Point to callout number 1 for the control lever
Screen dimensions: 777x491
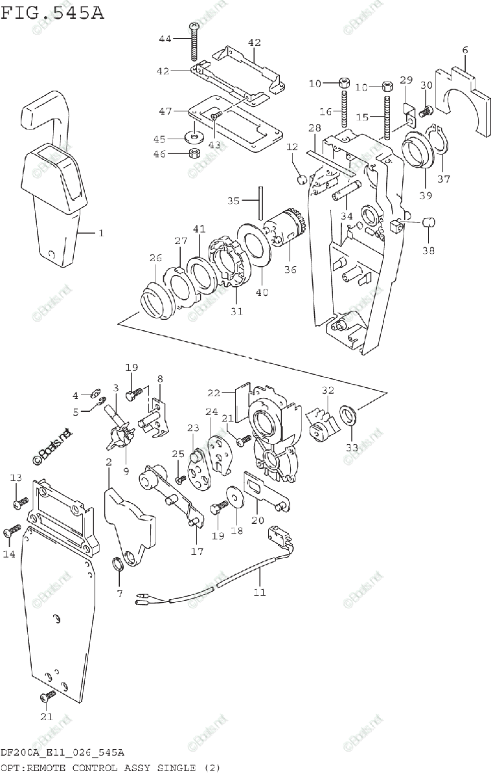tap(100, 232)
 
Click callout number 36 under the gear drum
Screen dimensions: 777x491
tap(290, 269)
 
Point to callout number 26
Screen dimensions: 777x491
tap(155, 258)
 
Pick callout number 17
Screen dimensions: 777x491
tap(197, 552)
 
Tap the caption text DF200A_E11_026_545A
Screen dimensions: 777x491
tap(62, 753)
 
